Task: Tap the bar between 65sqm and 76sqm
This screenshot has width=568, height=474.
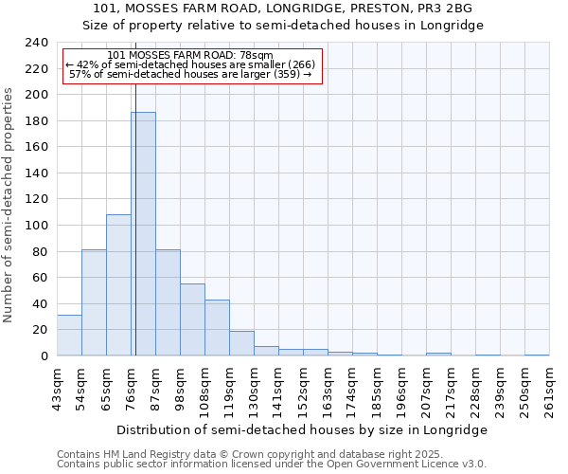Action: point(118,284)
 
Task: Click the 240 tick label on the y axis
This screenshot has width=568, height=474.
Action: point(37,43)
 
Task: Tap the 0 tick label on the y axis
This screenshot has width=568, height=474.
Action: point(44,356)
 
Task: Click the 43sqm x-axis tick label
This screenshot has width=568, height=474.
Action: point(58,388)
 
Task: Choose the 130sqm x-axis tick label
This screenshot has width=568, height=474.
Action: point(255,388)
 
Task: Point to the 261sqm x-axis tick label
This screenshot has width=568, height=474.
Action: point(550,388)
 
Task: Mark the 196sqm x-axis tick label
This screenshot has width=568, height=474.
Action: point(402,388)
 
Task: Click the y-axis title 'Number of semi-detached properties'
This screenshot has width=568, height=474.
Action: point(9,205)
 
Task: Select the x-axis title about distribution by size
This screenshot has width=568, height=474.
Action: point(303,429)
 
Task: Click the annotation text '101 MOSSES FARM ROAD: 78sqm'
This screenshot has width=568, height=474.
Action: point(190,55)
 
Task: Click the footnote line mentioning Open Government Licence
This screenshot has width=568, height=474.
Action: point(272,464)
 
